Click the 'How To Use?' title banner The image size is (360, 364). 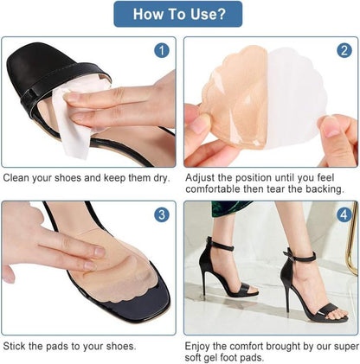point(178,14)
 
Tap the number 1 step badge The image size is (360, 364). point(161,50)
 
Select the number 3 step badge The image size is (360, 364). point(161,214)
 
